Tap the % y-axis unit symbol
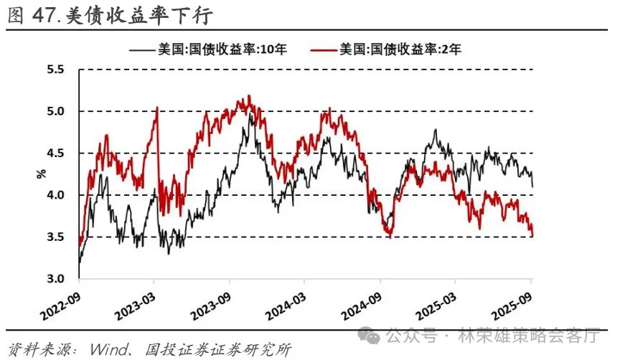(41, 174)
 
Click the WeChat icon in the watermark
(372, 335)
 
